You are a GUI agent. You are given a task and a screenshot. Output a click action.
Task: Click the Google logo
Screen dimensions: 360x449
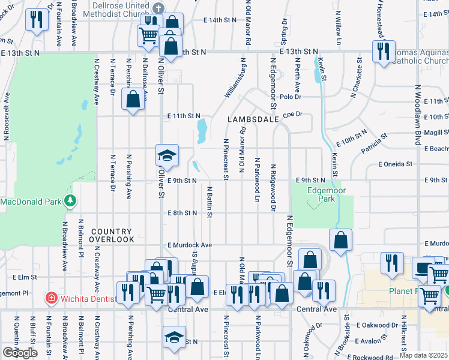tap(20, 353)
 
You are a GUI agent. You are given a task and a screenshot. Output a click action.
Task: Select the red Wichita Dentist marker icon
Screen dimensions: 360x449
tap(52, 297)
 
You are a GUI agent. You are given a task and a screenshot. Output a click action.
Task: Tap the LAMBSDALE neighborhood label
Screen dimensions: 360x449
tap(253, 120)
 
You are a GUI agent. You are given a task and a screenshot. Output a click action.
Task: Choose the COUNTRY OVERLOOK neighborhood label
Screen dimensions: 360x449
tap(111, 235)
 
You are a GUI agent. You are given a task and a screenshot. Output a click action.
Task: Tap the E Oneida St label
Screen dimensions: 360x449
tap(395, 164)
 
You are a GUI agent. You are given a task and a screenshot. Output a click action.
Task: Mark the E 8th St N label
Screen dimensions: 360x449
tap(182, 213)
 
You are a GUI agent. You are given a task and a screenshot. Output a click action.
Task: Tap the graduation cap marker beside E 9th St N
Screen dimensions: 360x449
tap(167, 157)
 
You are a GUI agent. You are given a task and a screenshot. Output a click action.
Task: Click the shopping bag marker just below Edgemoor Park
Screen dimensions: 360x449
tap(340, 241)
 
